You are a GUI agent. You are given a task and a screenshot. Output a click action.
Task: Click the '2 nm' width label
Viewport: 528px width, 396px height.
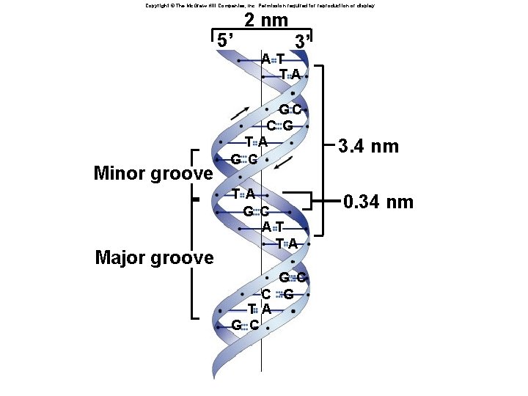(x=265, y=21)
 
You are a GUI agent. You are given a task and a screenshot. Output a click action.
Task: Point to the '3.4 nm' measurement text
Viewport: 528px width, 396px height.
(x=368, y=146)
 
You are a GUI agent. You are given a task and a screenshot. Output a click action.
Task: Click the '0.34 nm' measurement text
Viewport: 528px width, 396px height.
(x=379, y=202)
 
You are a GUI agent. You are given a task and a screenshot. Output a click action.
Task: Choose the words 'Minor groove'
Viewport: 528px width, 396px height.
(x=153, y=174)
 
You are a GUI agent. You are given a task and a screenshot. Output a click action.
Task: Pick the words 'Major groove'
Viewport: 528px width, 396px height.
(x=154, y=257)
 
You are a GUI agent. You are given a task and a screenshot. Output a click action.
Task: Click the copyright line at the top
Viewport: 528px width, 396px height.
(x=260, y=5)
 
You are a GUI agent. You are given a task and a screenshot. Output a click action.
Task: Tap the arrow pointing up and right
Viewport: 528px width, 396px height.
(x=239, y=113)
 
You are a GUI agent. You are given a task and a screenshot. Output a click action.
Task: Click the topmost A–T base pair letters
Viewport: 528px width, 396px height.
(x=273, y=59)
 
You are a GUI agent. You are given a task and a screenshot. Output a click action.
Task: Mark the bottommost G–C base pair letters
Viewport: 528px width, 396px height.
(x=244, y=325)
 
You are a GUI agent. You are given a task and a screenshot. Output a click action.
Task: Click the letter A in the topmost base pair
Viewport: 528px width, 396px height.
(x=265, y=59)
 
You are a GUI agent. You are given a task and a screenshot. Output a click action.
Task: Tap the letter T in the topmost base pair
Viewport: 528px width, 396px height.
(x=281, y=59)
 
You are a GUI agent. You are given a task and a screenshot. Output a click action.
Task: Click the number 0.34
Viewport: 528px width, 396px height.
(x=365, y=202)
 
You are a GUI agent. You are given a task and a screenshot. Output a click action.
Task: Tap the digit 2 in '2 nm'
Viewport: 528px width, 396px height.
(x=250, y=21)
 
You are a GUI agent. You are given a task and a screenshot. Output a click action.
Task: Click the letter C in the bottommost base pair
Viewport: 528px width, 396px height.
(x=252, y=325)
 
